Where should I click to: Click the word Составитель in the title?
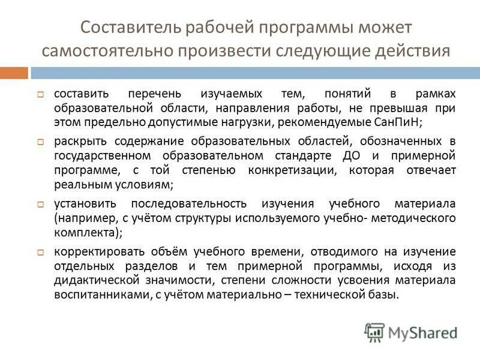[126, 28]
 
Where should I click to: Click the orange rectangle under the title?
[14, 73]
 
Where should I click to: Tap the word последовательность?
[193, 203]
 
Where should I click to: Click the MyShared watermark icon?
[375, 332]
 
